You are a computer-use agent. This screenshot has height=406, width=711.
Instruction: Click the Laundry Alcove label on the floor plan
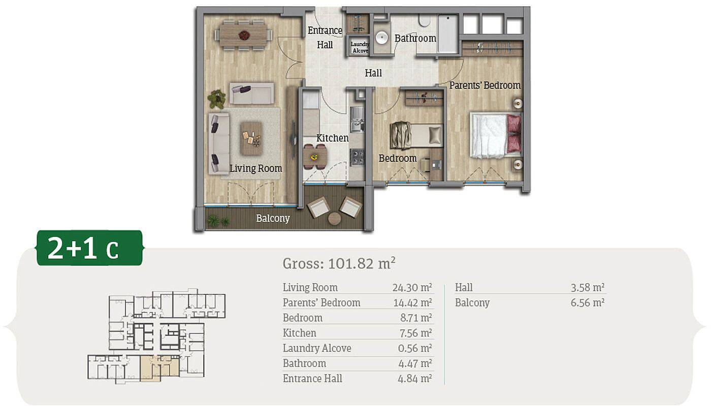360,47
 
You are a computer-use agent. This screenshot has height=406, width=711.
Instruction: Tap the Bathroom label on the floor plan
415,39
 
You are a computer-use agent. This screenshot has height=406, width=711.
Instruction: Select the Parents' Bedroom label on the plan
485,85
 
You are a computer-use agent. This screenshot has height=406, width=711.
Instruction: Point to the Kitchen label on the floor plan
332,138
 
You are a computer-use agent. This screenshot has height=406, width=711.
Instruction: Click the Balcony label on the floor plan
273,218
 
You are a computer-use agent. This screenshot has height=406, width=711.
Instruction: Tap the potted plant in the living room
216,98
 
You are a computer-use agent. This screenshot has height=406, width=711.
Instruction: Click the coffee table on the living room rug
251,139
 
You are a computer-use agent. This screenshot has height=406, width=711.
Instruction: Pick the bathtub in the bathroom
448,34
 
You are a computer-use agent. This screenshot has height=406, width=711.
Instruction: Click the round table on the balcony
334,219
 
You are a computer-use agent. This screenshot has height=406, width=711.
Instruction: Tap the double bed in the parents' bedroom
496,135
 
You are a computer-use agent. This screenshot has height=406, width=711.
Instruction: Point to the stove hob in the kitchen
357,157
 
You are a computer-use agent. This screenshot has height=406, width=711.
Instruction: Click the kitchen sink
357,119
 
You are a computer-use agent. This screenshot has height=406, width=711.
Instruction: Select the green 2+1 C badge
90,248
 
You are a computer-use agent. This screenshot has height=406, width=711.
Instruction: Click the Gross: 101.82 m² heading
339,263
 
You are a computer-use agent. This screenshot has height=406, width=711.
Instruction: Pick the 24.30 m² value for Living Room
412,287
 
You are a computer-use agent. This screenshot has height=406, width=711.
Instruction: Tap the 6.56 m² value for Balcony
588,302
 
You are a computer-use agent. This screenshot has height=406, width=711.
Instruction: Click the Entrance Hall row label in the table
312,379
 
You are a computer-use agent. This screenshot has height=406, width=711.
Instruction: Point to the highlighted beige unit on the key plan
159,367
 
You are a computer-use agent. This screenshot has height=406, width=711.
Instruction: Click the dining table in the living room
244,35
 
